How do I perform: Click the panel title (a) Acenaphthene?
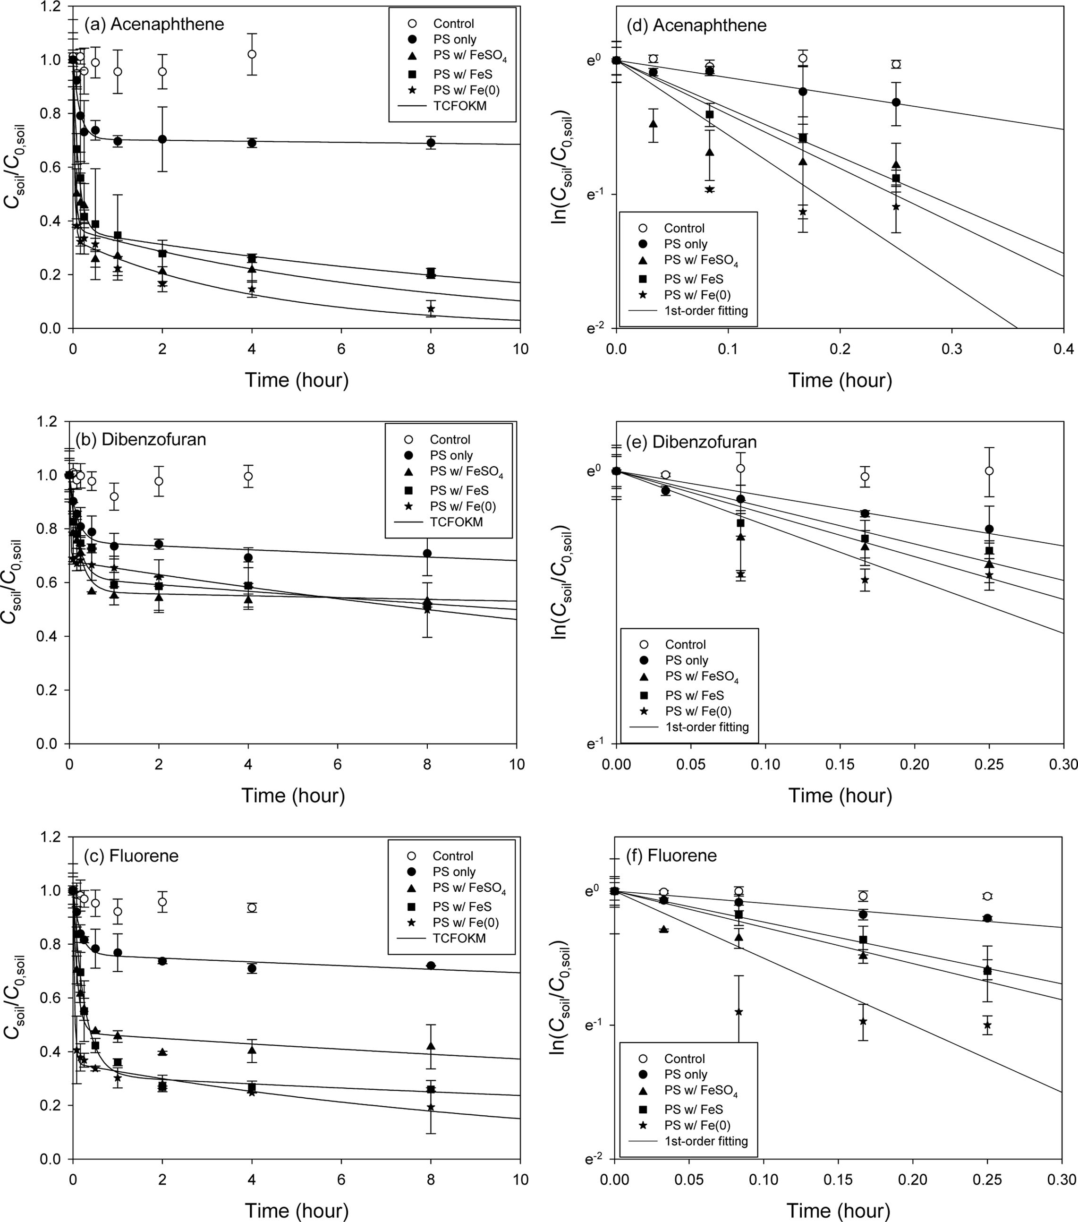(154, 25)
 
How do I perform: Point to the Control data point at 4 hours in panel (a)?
(252, 54)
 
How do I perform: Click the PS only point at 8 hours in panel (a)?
(431, 143)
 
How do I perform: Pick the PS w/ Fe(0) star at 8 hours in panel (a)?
(431, 308)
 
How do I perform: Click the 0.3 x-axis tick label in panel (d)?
(952, 349)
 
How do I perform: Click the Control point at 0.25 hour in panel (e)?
(989, 470)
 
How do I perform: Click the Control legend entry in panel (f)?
(684, 1059)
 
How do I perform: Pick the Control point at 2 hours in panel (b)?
(159, 481)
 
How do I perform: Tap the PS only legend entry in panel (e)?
(686, 660)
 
